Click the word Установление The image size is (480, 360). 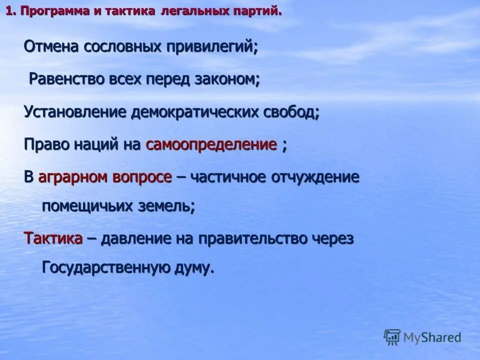pos(75,112)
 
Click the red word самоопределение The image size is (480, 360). pos(211,145)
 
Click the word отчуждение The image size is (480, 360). pos(315,177)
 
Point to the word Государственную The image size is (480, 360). pos(104,267)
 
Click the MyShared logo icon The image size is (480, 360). pos(392,337)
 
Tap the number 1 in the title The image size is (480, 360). pos(8,11)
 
